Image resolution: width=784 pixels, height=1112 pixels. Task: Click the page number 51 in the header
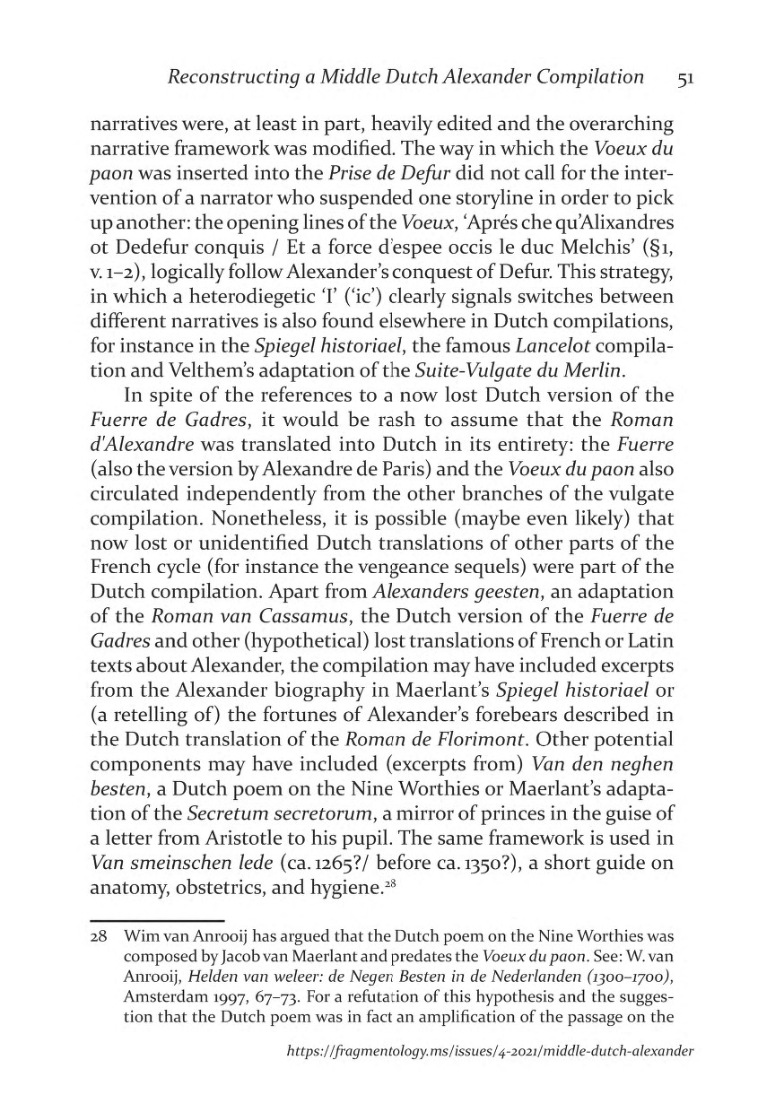[685, 78]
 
